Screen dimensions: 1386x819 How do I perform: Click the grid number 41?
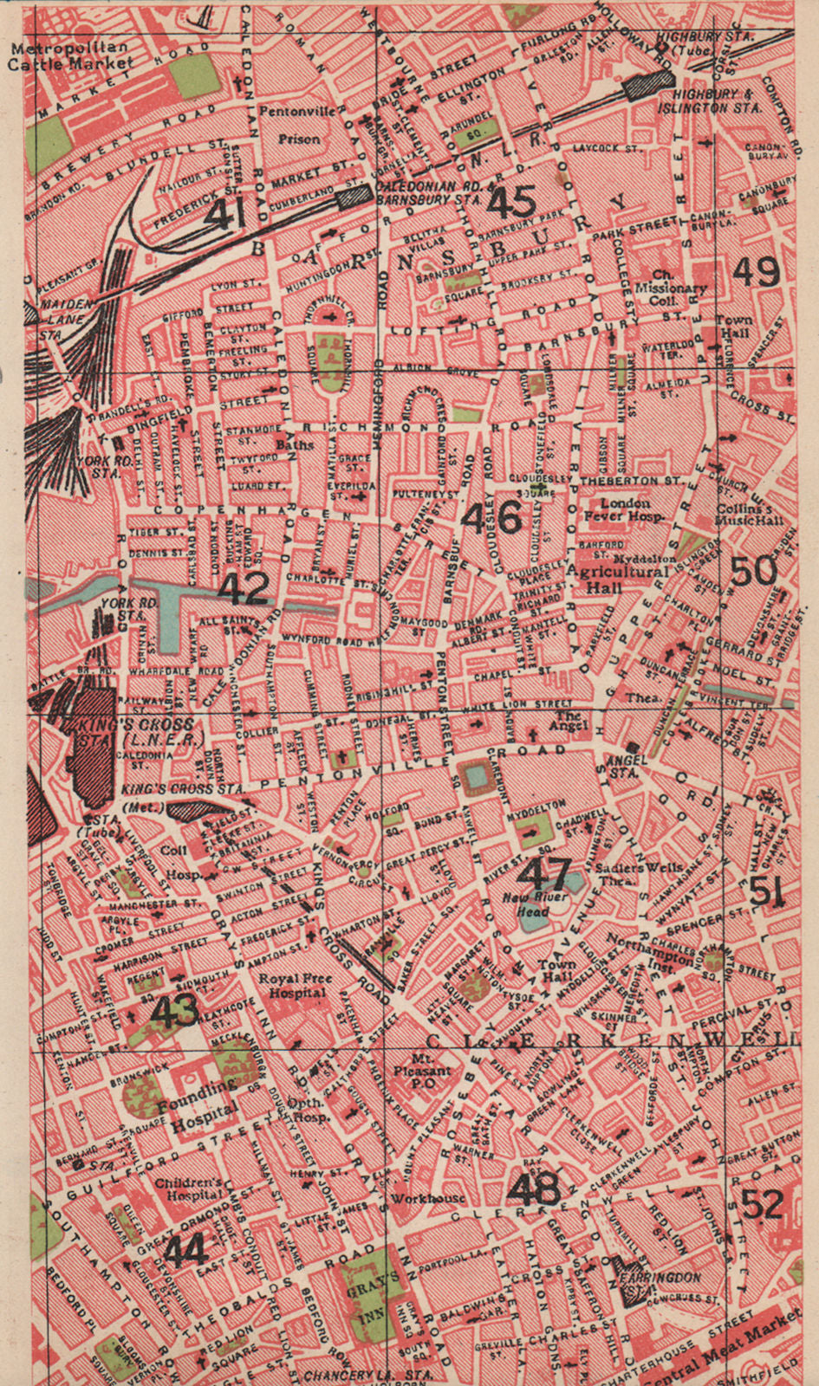click(224, 211)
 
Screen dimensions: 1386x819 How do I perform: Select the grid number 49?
click(756, 271)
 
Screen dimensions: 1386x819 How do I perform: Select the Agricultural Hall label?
click(617, 579)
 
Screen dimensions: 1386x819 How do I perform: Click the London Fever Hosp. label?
click(625, 509)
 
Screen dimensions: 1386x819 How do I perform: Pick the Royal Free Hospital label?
click(296, 986)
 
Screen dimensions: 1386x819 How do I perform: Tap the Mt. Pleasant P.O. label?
click(431, 1071)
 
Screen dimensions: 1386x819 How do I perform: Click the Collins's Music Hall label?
click(750, 515)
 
